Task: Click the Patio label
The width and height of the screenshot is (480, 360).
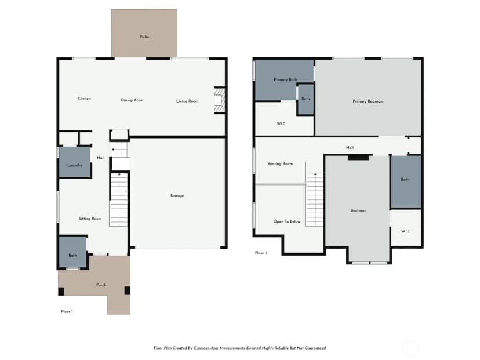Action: (144, 37)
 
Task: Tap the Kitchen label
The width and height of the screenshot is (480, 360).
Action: (84, 99)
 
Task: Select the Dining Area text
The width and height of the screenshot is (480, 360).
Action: (132, 100)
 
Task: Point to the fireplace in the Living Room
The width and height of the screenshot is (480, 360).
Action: (220, 100)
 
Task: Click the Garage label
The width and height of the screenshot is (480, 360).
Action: (177, 195)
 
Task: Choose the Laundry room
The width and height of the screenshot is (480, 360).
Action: (75, 162)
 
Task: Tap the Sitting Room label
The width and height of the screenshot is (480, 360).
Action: (90, 219)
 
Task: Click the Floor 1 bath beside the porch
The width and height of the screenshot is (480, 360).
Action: (72, 252)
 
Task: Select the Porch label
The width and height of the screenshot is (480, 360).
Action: (101, 285)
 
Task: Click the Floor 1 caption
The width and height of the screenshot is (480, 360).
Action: (67, 312)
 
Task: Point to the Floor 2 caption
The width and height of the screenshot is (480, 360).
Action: (261, 253)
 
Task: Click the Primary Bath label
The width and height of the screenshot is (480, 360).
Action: (285, 79)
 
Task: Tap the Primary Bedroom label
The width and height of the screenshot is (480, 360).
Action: (368, 101)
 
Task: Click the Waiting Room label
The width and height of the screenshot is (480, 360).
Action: (280, 164)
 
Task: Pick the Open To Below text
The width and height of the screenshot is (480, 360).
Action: (287, 221)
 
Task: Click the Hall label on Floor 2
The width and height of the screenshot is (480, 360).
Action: (350, 148)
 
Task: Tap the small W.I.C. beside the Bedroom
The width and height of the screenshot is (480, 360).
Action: (406, 228)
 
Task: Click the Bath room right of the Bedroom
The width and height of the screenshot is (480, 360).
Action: (406, 182)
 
